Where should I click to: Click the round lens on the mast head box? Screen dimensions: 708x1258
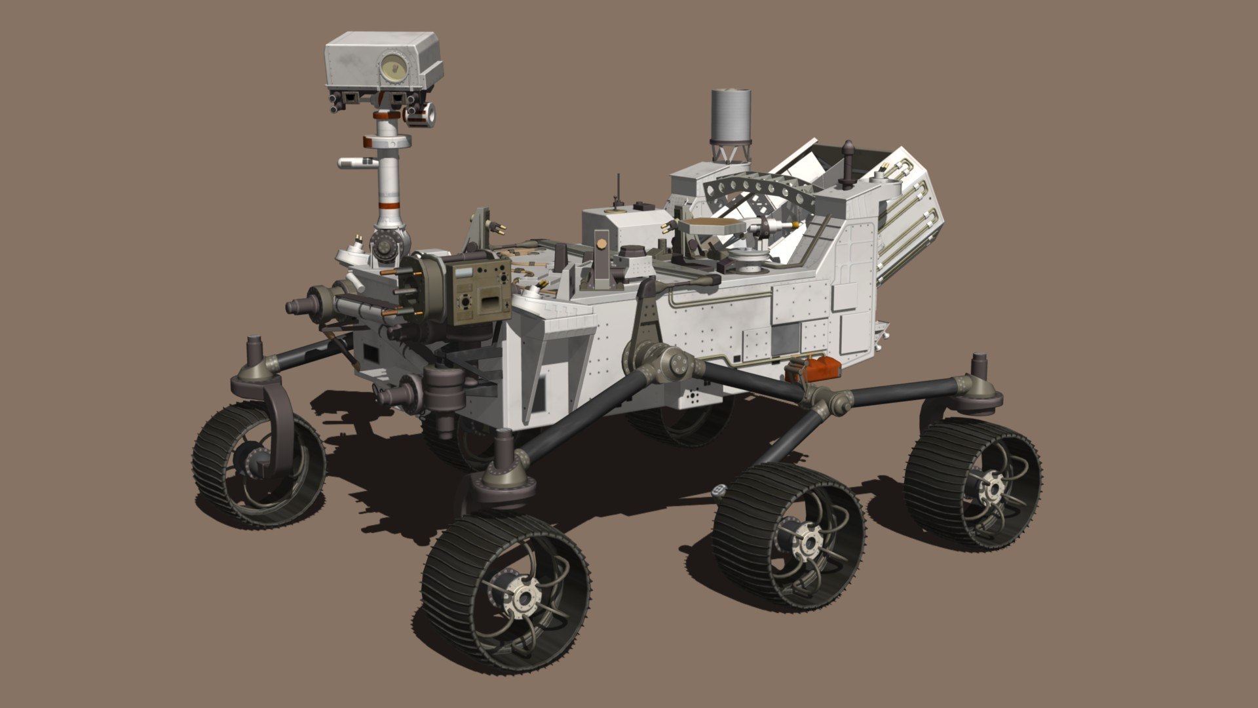[394, 66]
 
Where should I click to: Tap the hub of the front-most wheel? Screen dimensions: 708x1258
[524, 596]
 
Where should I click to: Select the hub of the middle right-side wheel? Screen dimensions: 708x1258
[809, 541]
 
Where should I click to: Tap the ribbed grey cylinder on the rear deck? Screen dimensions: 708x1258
[731, 117]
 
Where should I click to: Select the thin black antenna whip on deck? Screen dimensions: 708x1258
[616, 189]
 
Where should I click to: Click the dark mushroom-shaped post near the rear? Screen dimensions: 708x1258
[848, 161]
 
